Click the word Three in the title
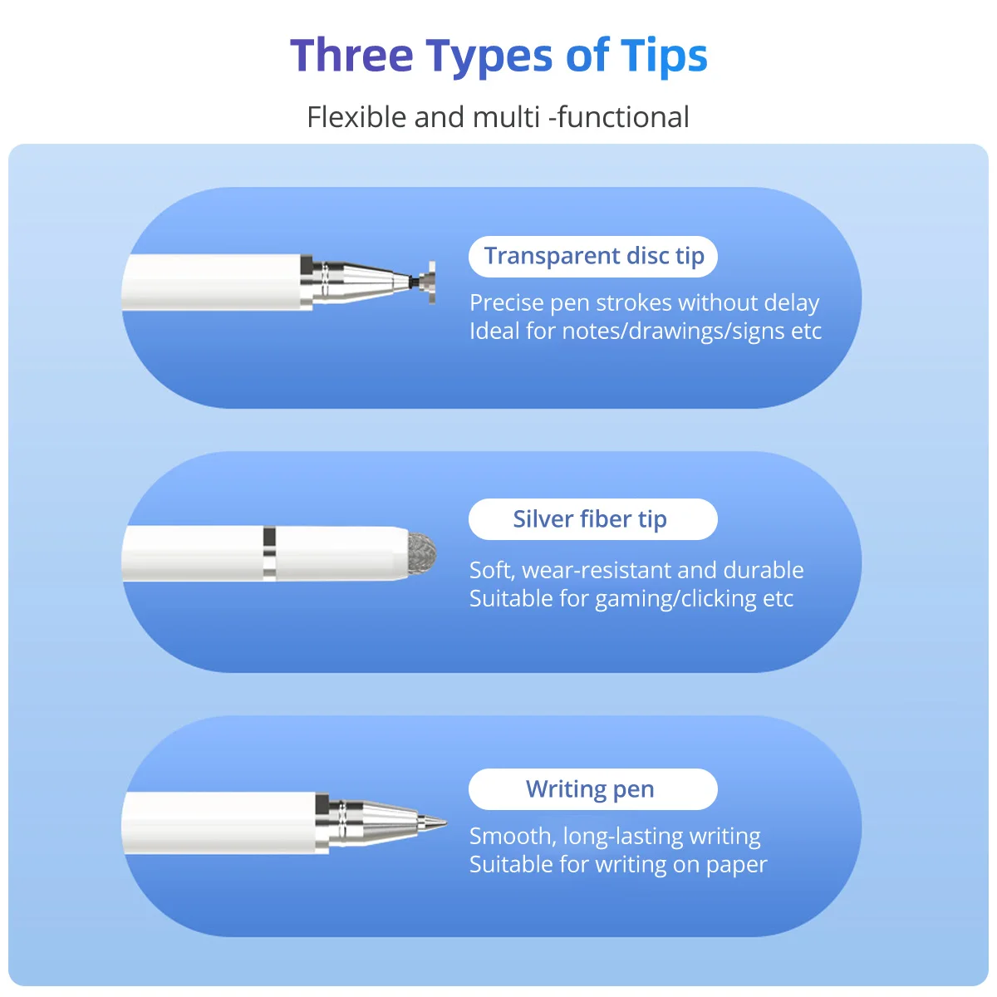click(x=351, y=56)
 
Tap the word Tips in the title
click(x=664, y=56)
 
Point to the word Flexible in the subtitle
click(x=356, y=117)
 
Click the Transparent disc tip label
click(x=593, y=256)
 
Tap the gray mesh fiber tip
click(x=422, y=553)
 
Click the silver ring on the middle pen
click(x=269, y=553)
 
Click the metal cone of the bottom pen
click(x=382, y=823)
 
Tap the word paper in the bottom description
click(x=736, y=865)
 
